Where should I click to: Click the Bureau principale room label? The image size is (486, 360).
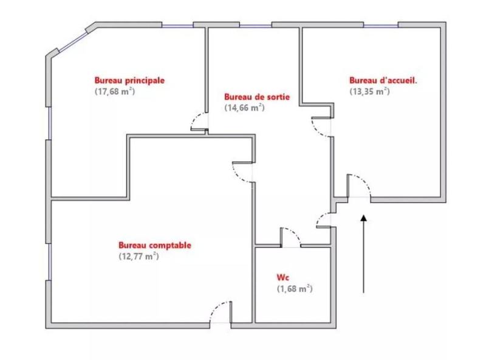click(x=129, y=80)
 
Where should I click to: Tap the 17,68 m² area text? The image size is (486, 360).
click(x=114, y=92)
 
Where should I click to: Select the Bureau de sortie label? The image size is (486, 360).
click(x=256, y=97)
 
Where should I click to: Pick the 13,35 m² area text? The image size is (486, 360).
click(x=369, y=92)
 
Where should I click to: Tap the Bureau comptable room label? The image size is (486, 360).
click(x=155, y=245)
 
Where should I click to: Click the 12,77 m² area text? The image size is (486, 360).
click(x=139, y=257)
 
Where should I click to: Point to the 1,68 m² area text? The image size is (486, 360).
click(x=295, y=288)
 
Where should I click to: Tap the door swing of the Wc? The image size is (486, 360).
click(x=290, y=238)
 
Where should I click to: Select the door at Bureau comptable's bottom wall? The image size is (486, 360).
click(x=221, y=313)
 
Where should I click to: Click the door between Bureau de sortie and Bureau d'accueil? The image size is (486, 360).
click(x=321, y=126)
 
